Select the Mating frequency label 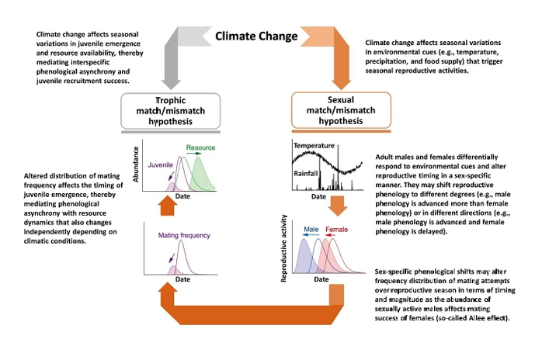pyautogui.click(x=182, y=234)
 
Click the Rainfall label pyautogui.click(x=308, y=174)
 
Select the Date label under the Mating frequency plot pyautogui.click(x=182, y=279)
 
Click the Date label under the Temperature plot pyautogui.click(x=318, y=197)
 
